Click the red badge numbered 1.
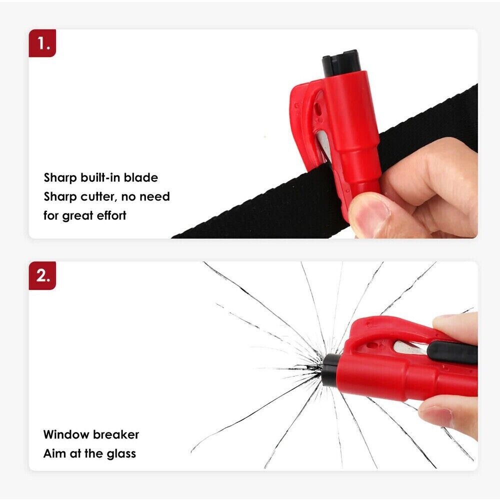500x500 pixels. coord(42,43)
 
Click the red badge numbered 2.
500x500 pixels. coord(42,275)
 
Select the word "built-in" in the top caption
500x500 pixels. coord(100,177)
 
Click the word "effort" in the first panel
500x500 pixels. coord(111,215)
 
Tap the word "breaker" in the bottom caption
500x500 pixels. coord(116,434)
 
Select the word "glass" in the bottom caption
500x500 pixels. coord(121,454)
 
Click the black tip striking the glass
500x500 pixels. coord(330,370)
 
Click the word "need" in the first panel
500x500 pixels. coord(154,196)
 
